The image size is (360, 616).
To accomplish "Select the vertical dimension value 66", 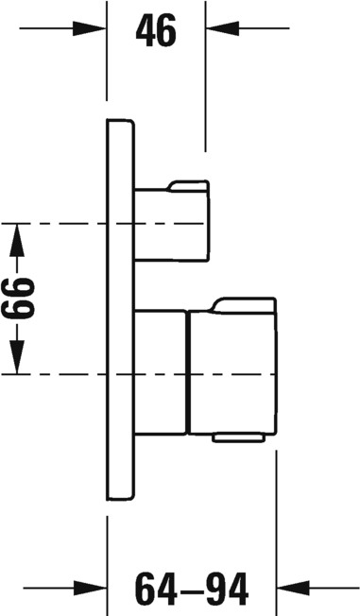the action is [x=18, y=298].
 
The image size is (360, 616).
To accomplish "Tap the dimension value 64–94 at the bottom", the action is [x=192, y=589].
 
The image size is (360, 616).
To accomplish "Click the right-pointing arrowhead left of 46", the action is [x=89, y=28].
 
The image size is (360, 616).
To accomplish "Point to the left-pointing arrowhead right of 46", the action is [x=222, y=28].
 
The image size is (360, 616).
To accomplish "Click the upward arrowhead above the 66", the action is [x=17, y=240].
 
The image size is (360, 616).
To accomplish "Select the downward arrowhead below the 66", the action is [x=17, y=357].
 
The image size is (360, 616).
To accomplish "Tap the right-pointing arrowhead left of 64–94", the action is [x=90, y=588].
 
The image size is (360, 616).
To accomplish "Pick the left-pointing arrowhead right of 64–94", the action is [x=294, y=588].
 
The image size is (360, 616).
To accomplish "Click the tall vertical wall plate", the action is [x=120, y=309].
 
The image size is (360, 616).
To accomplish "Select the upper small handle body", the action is [x=172, y=224].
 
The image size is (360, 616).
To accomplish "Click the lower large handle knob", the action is [x=232, y=372].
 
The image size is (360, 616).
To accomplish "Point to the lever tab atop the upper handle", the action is [x=188, y=186].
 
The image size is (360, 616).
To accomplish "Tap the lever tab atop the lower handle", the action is [x=245, y=305].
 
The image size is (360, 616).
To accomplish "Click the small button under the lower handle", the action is [x=238, y=437].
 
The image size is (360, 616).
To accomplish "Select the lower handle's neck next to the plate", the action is [x=161, y=372].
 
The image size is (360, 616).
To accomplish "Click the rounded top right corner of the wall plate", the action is [x=131, y=122].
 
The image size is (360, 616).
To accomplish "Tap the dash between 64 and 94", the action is [x=192, y=590].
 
